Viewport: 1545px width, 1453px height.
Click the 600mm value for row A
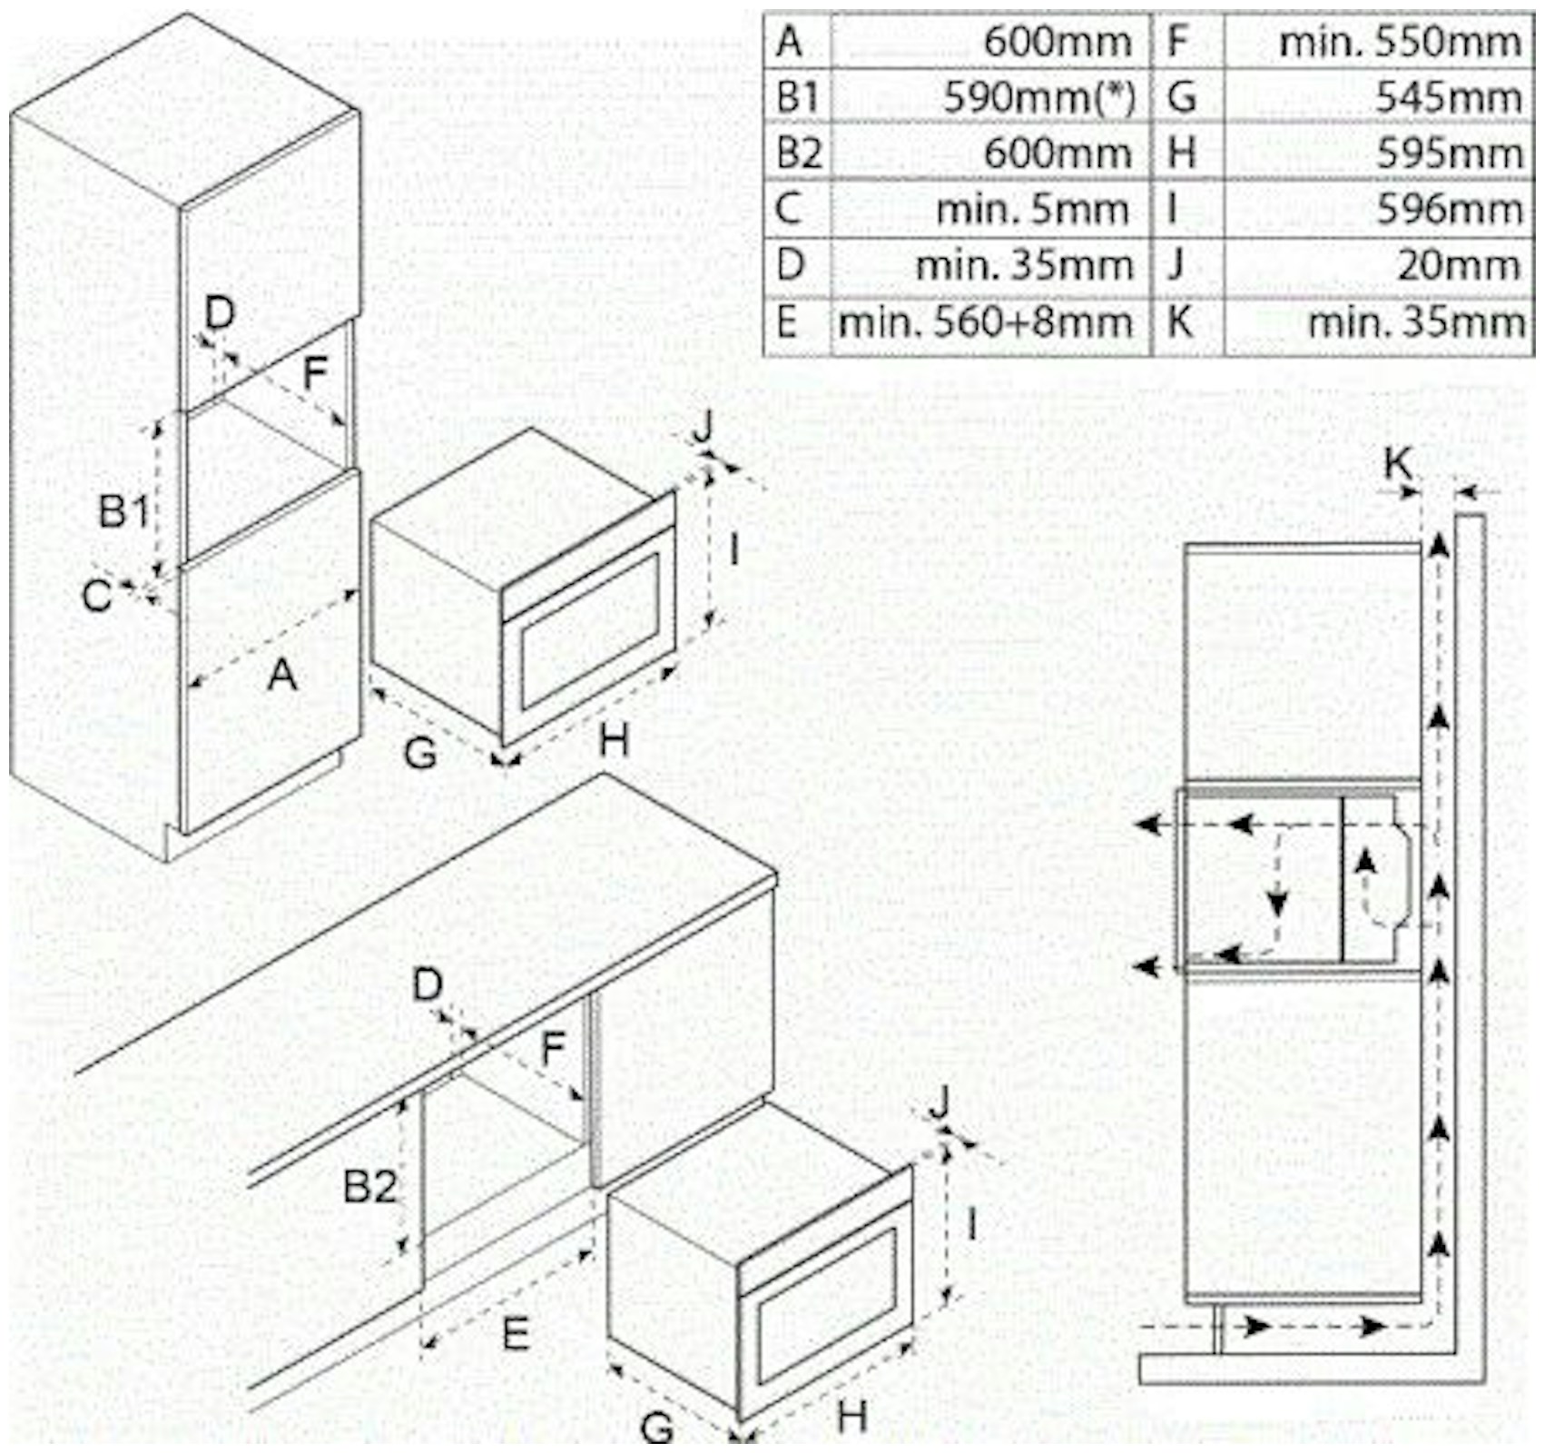[x=1058, y=42]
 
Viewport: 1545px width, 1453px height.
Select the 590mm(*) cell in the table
[x=1038, y=97]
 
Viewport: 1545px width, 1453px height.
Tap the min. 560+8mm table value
[x=985, y=323]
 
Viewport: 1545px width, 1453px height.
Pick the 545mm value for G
[x=1449, y=97]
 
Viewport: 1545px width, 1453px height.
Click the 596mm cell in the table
[x=1449, y=210]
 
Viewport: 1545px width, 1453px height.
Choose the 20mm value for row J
[x=1458, y=266]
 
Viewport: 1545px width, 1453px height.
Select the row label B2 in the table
[x=798, y=153]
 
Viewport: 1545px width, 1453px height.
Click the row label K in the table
[x=1179, y=323]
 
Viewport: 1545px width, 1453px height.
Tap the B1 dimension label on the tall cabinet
[x=123, y=511]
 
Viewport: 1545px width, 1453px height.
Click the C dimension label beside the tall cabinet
[x=96, y=597]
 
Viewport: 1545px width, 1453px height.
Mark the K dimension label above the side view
[x=1398, y=464]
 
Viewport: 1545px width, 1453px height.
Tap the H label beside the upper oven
[x=614, y=742]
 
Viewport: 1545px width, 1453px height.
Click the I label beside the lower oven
[x=972, y=1224]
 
